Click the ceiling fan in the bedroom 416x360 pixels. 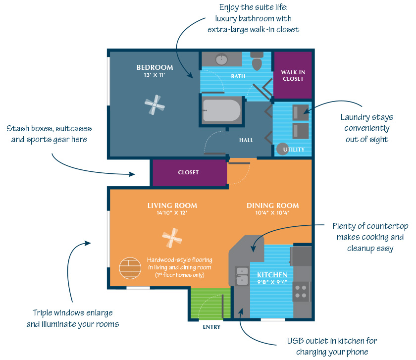(x=155, y=104)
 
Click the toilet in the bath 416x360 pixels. (x=257, y=62)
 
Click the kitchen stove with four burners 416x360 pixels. (x=301, y=292)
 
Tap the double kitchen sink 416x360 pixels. (x=242, y=276)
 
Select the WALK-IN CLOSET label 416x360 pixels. (x=293, y=75)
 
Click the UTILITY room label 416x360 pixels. (x=294, y=150)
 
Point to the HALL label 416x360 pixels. (x=246, y=140)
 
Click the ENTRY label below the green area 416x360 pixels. (x=211, y=327)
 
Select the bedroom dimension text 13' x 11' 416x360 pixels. (x=155, y=76)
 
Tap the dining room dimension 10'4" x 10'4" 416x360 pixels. (x=273, y=213)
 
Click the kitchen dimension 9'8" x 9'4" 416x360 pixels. (x=272, y=283)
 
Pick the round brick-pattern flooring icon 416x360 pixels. (x=130, y=268)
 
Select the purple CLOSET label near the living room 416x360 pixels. (x=188, y=172)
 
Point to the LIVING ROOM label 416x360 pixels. (x=172, y=206)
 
